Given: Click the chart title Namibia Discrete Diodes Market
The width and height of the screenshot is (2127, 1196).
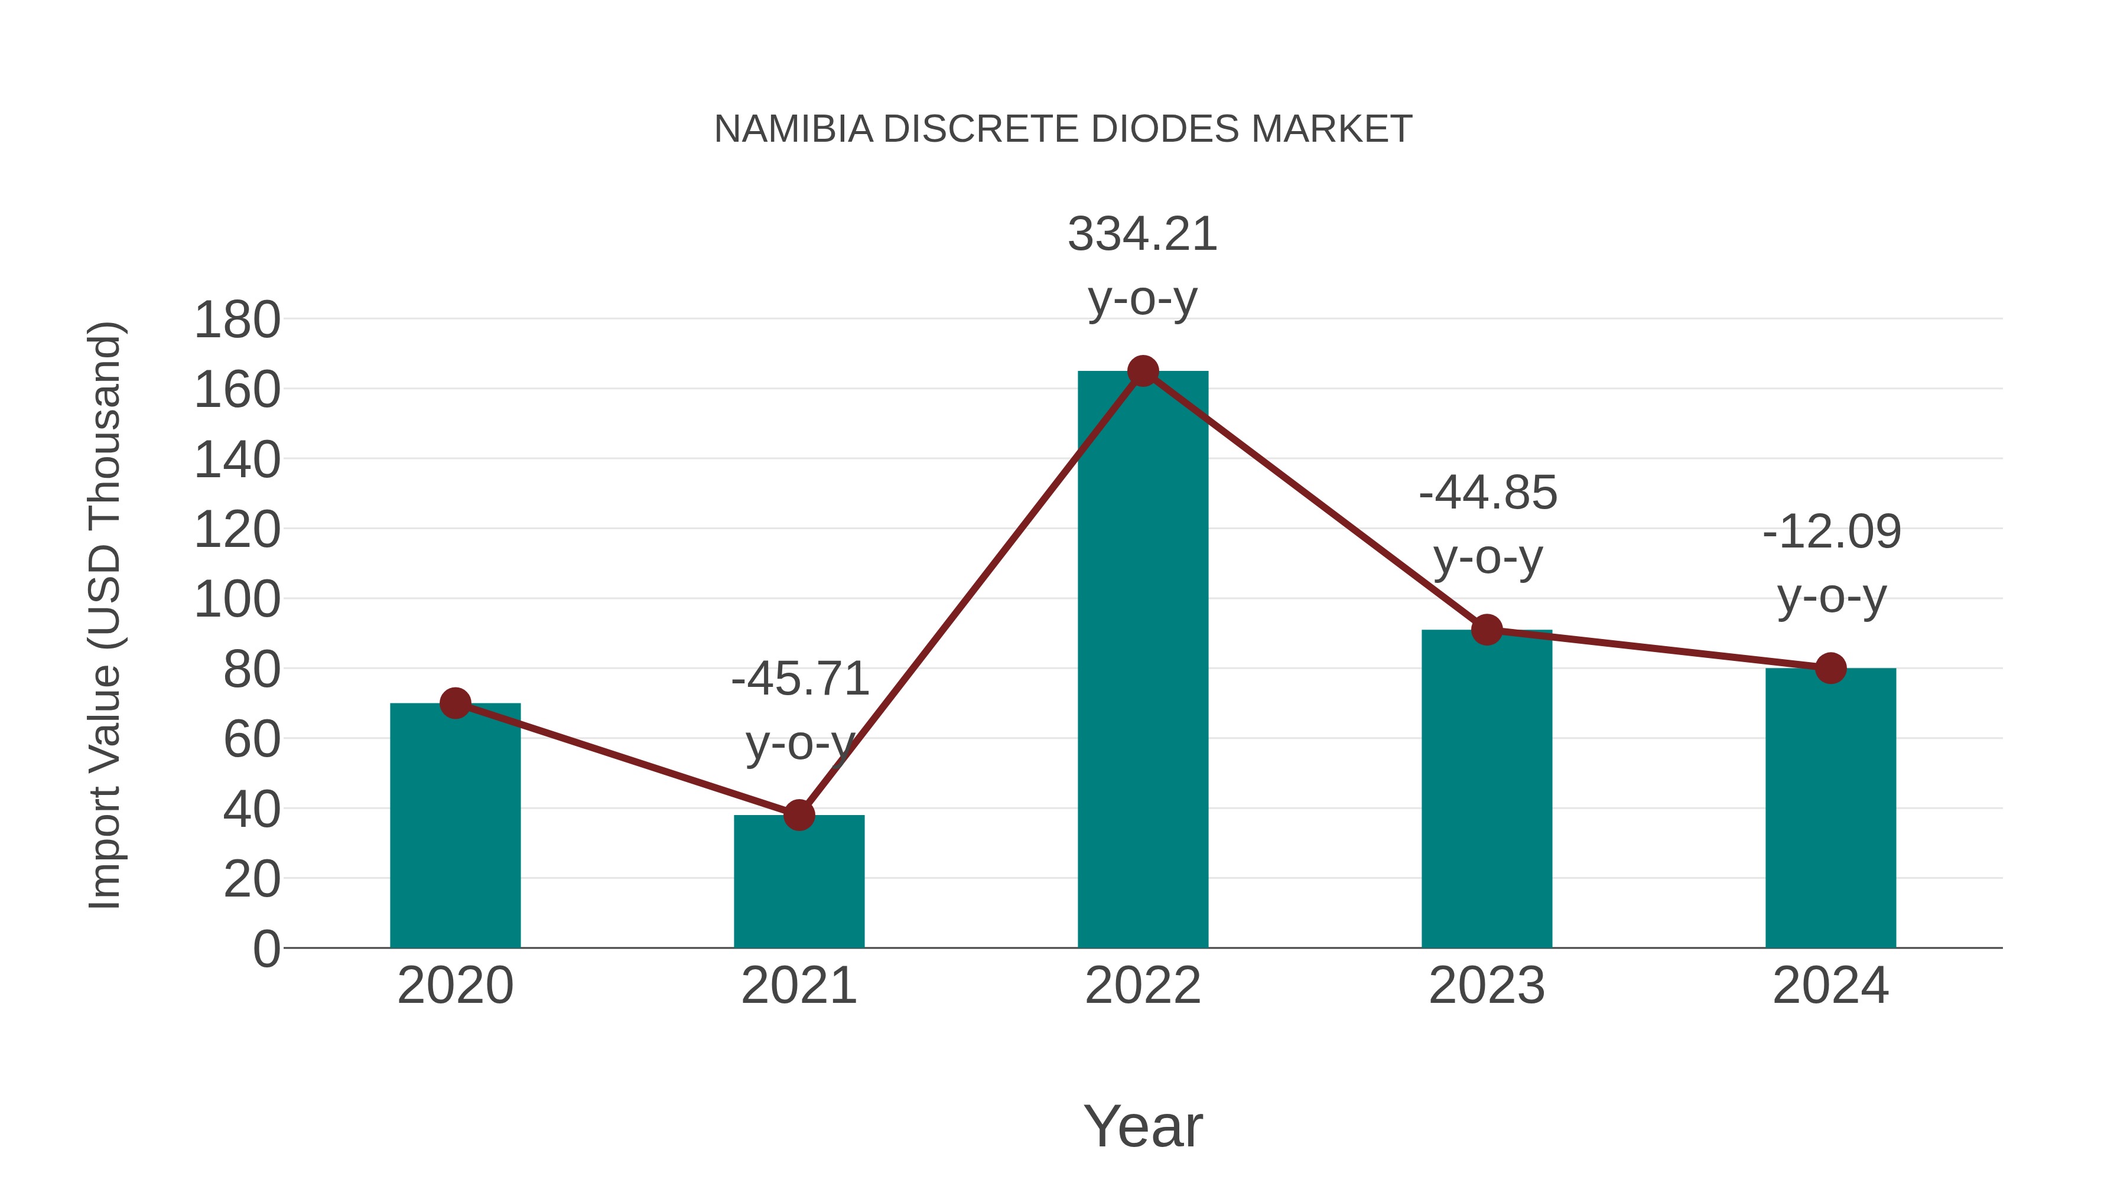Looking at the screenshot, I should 1063,129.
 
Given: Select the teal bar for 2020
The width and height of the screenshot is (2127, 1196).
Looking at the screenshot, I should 455,826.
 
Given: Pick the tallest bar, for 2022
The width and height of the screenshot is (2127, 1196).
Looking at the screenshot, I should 1143,660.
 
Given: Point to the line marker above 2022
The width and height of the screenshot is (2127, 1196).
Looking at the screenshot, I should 1143,371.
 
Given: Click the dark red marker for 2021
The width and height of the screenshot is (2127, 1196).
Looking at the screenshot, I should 798,816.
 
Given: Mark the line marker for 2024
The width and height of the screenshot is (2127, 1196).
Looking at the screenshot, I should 1830,669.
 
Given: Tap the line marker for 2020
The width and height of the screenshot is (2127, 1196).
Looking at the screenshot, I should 455,703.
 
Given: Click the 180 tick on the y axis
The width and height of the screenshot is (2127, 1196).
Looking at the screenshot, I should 237,320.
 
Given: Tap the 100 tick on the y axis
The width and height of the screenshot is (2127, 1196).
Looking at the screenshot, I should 237,600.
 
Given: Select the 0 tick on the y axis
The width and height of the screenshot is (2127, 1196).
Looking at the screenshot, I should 266,949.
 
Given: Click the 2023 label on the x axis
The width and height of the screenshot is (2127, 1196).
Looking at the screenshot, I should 1487,986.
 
